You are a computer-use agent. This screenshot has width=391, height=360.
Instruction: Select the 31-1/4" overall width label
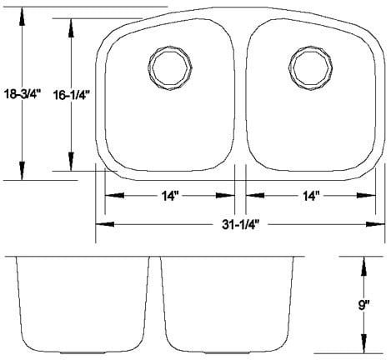pos(237,224)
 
